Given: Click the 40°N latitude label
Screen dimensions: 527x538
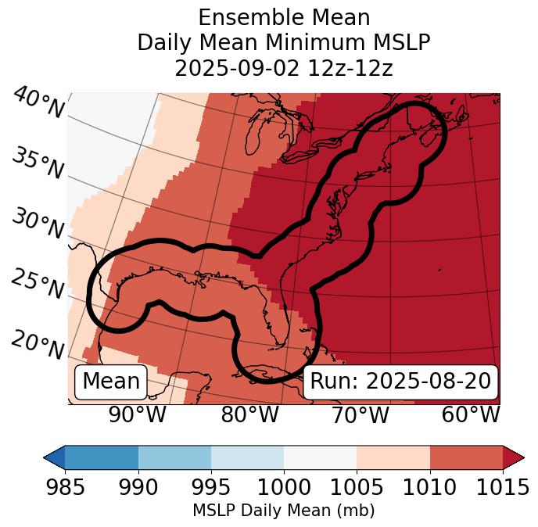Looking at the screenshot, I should tap(38, 104).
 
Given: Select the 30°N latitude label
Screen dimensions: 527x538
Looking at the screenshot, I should tap(37, 224).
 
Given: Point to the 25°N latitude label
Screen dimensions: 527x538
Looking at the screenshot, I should tap(37, 284).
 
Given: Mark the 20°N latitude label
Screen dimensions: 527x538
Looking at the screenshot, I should tap(38, 344).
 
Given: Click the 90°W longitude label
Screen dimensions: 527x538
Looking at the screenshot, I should tap(137, 414).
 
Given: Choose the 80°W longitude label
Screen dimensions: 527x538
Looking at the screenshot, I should tap(249, 414).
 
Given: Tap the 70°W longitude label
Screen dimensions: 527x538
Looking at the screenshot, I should tap(360, 414).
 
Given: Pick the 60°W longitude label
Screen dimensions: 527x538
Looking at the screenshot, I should tap(471, 414).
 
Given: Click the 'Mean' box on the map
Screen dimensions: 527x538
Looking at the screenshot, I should tap(111, 382).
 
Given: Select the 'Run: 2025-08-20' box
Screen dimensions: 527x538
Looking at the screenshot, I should tap(400, 382).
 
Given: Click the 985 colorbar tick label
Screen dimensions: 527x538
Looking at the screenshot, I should tap(65, 488).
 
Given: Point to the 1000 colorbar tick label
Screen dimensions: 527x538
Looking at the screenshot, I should tap(284, 488).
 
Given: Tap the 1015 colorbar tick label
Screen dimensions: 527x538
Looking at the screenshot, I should tap(503, 488).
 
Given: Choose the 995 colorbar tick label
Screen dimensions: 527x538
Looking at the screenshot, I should tap(210, 488).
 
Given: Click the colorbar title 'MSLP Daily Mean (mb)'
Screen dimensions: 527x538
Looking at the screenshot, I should tap(283, 511).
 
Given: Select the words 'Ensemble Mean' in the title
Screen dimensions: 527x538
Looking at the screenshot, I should tap(283, 17).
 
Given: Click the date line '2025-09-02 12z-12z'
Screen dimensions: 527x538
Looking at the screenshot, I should tap(283, 68).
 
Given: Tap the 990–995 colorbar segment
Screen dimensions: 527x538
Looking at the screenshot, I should tap(174, 457).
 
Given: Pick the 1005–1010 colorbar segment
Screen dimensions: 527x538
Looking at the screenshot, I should tap(393, 457).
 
